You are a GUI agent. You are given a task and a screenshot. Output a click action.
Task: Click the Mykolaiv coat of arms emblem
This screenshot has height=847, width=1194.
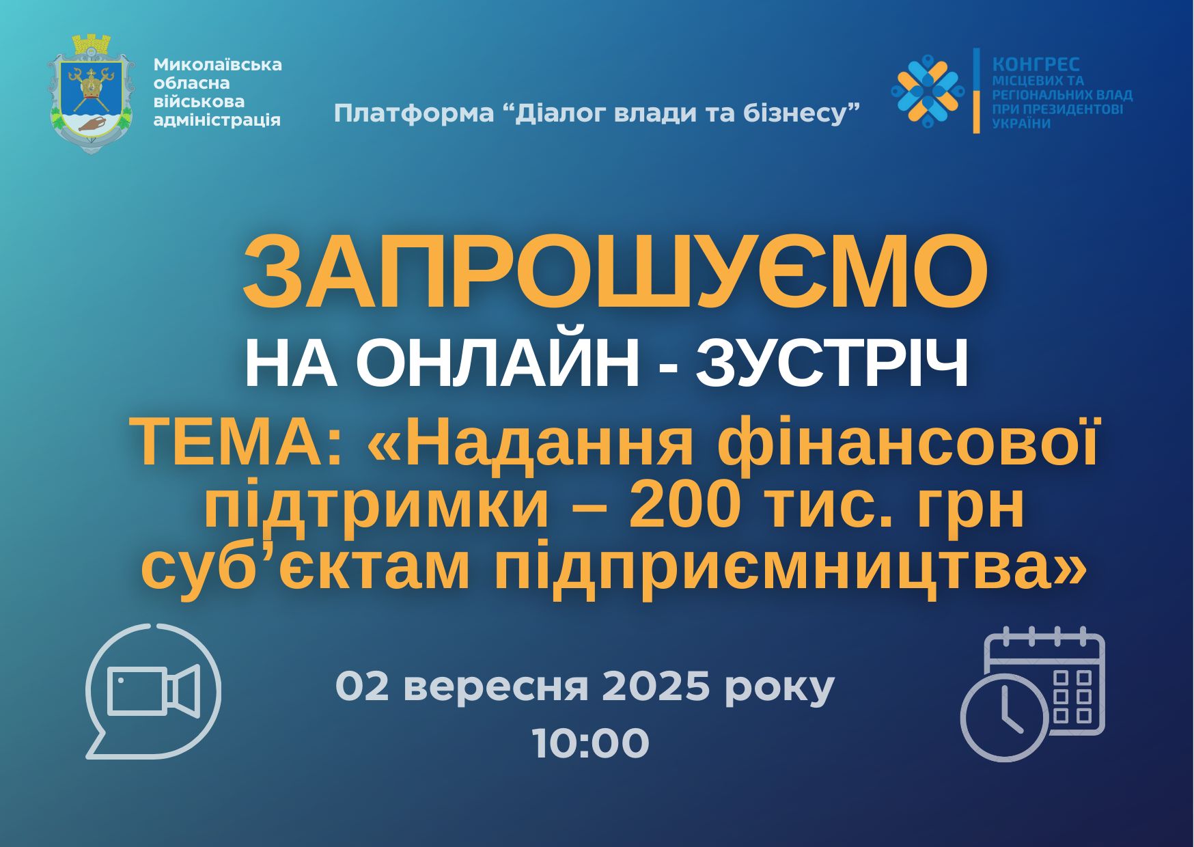[x=89, y=94]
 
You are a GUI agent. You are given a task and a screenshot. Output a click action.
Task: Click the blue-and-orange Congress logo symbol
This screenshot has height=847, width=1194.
[x=928, y=90]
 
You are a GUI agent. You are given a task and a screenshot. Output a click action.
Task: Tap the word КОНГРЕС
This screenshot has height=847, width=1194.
[x=1036, y=64]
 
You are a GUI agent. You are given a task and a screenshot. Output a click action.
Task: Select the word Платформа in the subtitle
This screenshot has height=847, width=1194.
[x=413, y=113]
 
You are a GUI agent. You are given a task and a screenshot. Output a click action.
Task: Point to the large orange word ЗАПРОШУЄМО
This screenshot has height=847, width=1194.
[x=615, y=272]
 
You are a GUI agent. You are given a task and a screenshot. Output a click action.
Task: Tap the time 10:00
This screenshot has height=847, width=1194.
[x=591, y=743]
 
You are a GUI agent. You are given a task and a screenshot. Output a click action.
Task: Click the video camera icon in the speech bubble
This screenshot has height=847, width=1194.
[x=154, y=691]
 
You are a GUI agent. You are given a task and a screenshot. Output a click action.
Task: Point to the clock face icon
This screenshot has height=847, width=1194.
[x=1004, y=718]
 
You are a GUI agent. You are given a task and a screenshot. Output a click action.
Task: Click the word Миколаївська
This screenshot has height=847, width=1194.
[x=218, y=64]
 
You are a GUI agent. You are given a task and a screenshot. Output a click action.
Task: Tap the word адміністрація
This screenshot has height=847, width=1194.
[x=217, y=120]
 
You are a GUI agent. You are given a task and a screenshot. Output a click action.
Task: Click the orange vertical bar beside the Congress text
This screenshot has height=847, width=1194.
[x=977, y=90]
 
